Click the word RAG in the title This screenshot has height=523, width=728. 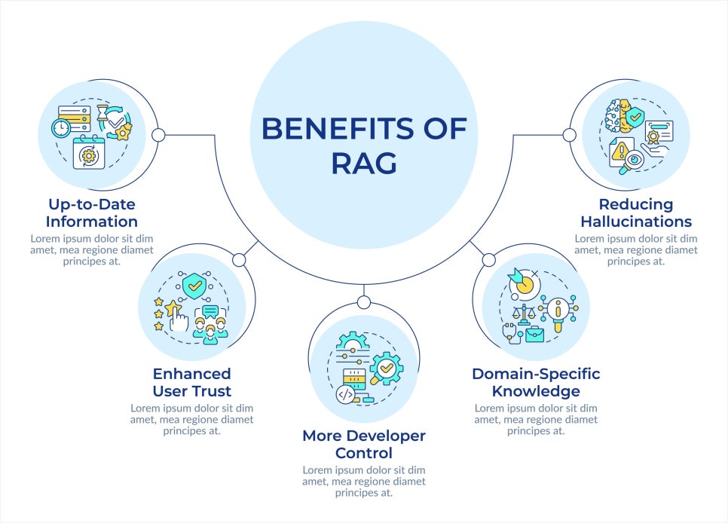(x=364, y=164)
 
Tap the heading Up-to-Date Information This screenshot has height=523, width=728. (x=91, y=213)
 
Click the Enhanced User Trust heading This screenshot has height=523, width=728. (x=191, y=382)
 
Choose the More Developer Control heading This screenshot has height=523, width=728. (x=364, y=444)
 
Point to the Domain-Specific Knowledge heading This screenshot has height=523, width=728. (x=536, y=382)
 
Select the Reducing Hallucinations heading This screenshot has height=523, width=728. (x=636, y=213)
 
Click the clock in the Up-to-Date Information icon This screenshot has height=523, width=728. (x=61, y=128)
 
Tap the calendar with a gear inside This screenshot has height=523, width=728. (x=89, y=154)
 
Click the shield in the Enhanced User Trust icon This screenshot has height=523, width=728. (x=194, y=286)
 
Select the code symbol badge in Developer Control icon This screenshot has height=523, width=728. (x=345, y=393)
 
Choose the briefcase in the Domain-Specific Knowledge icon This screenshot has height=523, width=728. (x=535, y=332)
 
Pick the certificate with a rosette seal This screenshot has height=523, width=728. (x=658, y=133)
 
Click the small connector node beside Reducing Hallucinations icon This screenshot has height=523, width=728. (x=570, y=135)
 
